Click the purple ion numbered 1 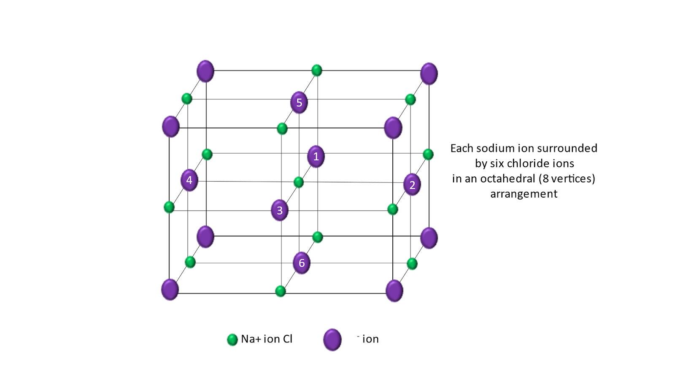(316, 157)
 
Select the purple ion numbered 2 (412, 185)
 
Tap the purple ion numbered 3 (280, 210)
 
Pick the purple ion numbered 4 (189, 180)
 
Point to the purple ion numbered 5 (299, 103)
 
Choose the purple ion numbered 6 (302, 263)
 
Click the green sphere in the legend (232, 339)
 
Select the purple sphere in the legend (332, 340)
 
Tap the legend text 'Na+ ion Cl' (267, 339)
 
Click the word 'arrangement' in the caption (524, 194)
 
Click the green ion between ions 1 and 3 (299, 182)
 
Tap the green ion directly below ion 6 (281, 291)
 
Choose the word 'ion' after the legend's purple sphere (370, 339)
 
